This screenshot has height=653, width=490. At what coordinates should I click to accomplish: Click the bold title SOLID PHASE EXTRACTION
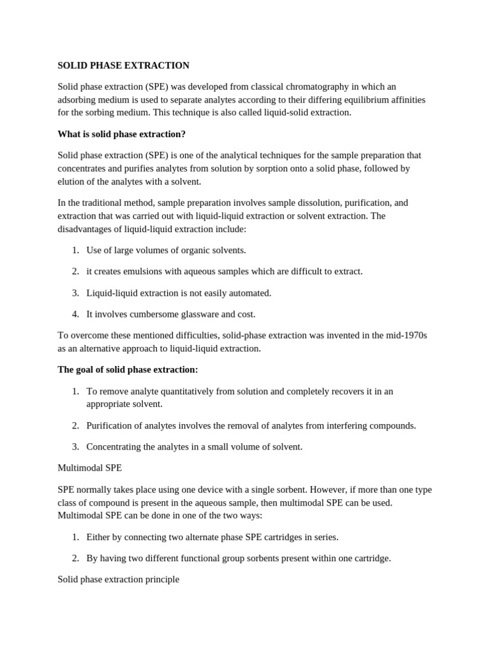123,66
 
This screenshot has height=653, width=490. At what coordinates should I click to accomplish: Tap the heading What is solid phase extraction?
121,134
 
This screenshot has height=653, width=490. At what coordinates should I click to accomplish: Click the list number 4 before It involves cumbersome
75,314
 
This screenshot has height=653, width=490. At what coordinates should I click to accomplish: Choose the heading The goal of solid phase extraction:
128,370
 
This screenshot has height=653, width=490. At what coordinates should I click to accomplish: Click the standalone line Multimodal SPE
89,468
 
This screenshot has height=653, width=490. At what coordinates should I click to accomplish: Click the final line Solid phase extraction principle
118,580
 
